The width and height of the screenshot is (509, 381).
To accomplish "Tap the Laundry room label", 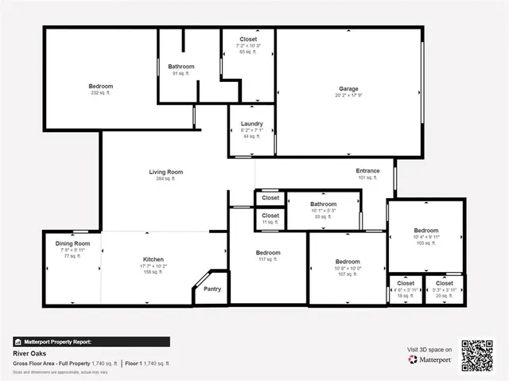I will click(x=252, y=123).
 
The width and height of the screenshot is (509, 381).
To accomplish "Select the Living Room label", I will click(x=166, y=172).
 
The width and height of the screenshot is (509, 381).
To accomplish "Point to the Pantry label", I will click(x=212, y=289).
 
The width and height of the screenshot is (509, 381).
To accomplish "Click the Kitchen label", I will click(x=153, y=259).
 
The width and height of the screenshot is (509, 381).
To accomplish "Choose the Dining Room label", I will click(x=72, y=243).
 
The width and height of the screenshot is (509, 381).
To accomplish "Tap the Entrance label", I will click(x=367, y=170).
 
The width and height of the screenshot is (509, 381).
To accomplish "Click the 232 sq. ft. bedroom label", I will click(x=100, y=86).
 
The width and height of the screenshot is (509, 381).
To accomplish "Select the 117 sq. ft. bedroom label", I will click(x=268, y=253).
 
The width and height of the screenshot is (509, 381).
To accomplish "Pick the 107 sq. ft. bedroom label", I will click(x=348, y=262).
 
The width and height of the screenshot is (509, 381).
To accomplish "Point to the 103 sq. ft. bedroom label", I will click(x=426, y=231).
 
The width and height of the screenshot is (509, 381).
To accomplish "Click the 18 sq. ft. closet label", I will click(x=406, y=283).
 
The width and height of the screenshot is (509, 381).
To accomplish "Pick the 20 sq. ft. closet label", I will click(x=444, y=283).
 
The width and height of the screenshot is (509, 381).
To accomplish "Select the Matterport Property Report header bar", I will click(x=91, y=341).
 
